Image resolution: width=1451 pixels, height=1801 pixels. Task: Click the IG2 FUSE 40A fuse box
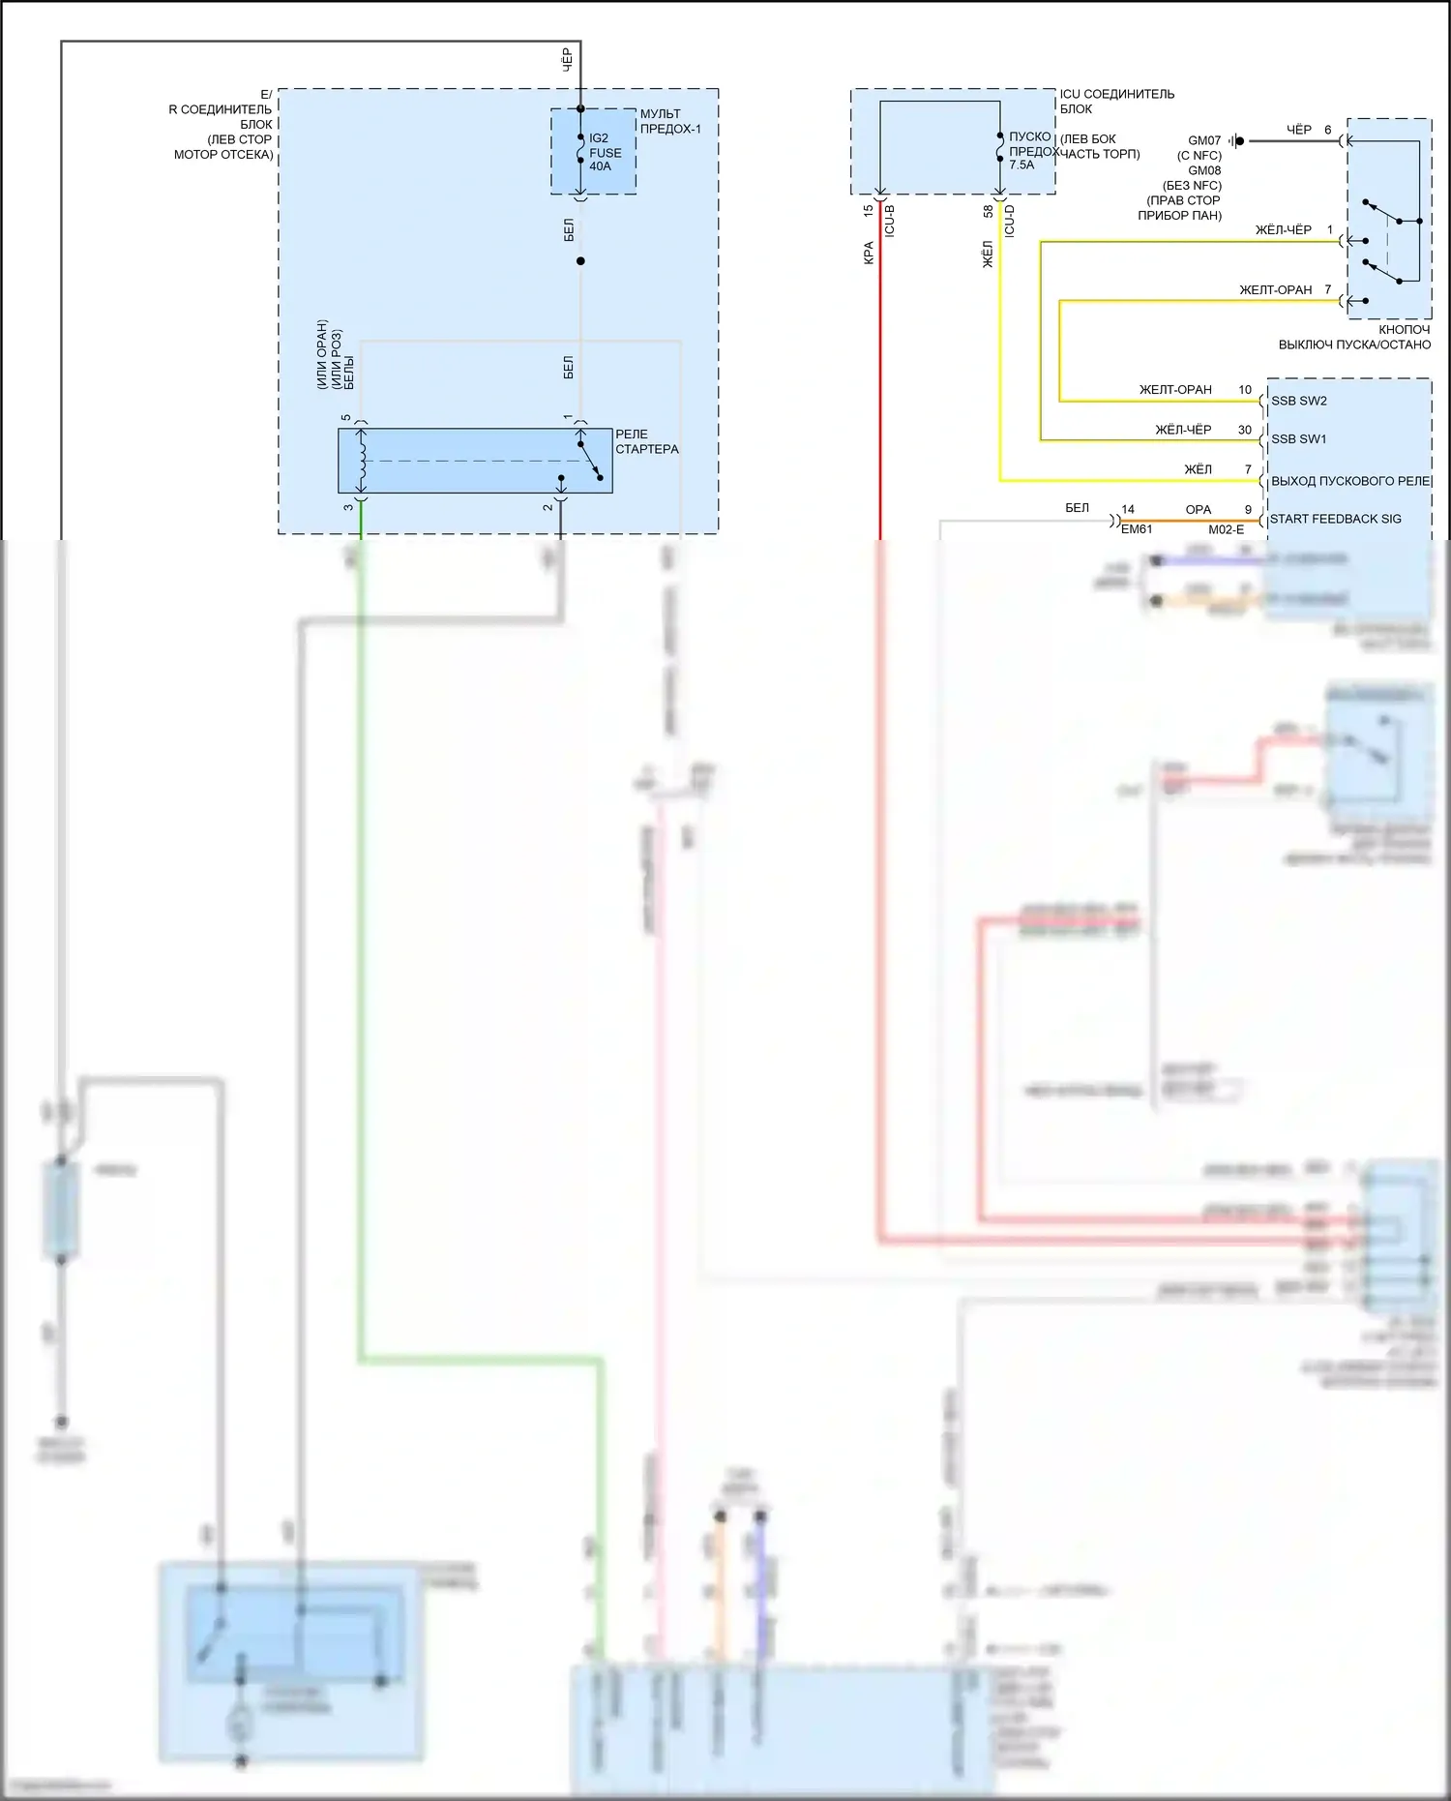pos(594,152)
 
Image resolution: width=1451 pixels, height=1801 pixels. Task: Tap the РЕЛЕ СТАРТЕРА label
pos(646,441)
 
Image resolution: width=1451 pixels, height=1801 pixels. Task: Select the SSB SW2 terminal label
pos(1298,401)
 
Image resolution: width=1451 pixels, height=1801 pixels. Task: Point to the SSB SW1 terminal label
pos(1298,439)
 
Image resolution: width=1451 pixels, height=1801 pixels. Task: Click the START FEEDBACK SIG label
pos(1335,520)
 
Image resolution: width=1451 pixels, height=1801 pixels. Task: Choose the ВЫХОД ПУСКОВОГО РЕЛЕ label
pos(1350,481)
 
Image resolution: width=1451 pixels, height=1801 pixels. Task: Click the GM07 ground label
pos(1204,140)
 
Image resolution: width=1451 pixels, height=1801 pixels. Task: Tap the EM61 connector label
pos(1137,529)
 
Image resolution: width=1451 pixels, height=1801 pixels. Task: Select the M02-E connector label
pos(1226,529)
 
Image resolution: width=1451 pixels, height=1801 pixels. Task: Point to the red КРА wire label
pos(869,253)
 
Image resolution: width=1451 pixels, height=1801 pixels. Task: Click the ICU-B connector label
pos(890,222)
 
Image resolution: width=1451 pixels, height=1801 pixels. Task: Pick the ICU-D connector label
pos(1010,222)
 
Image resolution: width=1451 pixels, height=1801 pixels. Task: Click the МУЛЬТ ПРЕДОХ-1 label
pos(669,121)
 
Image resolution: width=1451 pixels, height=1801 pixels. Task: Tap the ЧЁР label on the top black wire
pos(568,58)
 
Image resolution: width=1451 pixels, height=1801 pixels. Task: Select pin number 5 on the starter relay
pos(346,418)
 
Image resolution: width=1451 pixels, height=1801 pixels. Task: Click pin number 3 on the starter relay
pos(348,507)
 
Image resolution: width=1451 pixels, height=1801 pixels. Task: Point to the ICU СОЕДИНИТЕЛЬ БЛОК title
pos(1116,101)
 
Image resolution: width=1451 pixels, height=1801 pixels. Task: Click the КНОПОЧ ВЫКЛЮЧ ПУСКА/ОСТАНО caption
pos(1354,337)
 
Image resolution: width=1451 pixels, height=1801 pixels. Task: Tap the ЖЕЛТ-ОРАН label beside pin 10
pos(1175,390)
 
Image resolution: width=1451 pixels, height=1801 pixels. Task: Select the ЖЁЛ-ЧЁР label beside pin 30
pos(1183,430)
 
